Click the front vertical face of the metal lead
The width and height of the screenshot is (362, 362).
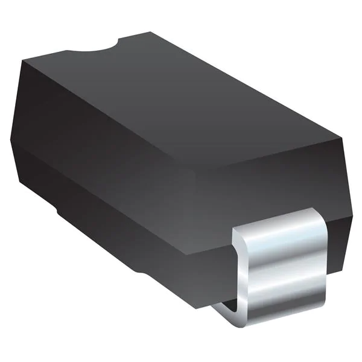coord(284,271)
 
